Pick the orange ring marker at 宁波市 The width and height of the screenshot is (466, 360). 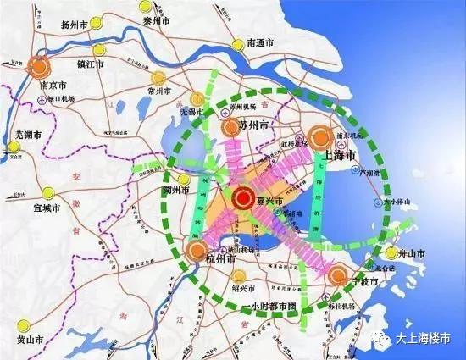point(338,275)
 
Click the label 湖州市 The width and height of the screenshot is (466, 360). point(183,191)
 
